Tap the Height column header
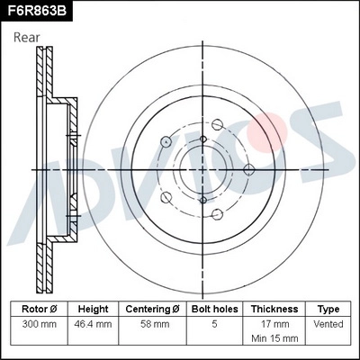[x=93, y=309]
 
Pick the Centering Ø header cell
[x=153, y=309]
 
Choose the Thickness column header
[x=274, y=309]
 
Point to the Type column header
[x=329, y=309]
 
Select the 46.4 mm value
[x=93, y=322]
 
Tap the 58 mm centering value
[x=153, y=322]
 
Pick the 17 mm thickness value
[x=274, y=322]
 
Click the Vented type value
[x=329, y=322]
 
